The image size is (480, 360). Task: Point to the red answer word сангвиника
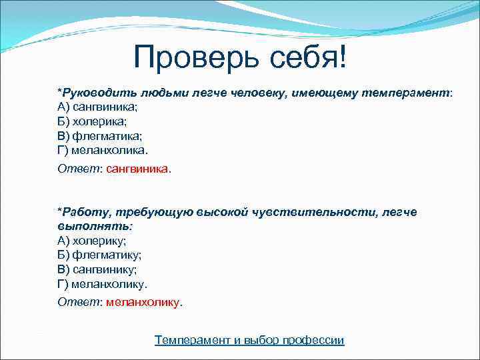coord(137,169)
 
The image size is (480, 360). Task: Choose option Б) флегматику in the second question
coord(99,255)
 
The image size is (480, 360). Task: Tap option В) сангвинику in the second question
coord(97,269)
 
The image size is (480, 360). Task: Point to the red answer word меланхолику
coord(143,302)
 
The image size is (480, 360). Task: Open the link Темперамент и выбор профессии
coord(249,340)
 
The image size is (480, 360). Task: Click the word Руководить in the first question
coord(91,93)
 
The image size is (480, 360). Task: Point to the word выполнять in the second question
coord(84,227)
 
